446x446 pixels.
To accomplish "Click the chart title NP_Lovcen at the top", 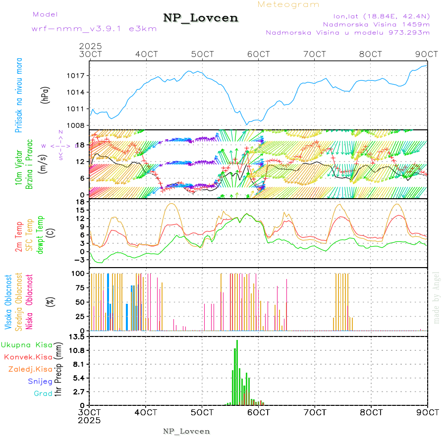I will click(201, 18).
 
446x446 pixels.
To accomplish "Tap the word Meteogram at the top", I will click(289, 4).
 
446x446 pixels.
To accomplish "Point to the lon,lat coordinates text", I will click(376, 15).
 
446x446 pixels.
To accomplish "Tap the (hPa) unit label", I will click(46, 95).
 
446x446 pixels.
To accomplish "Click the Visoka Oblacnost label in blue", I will click(8, 302).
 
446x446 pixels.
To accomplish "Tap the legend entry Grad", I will click(43, 393).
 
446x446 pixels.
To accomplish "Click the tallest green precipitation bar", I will click(237, 372).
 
